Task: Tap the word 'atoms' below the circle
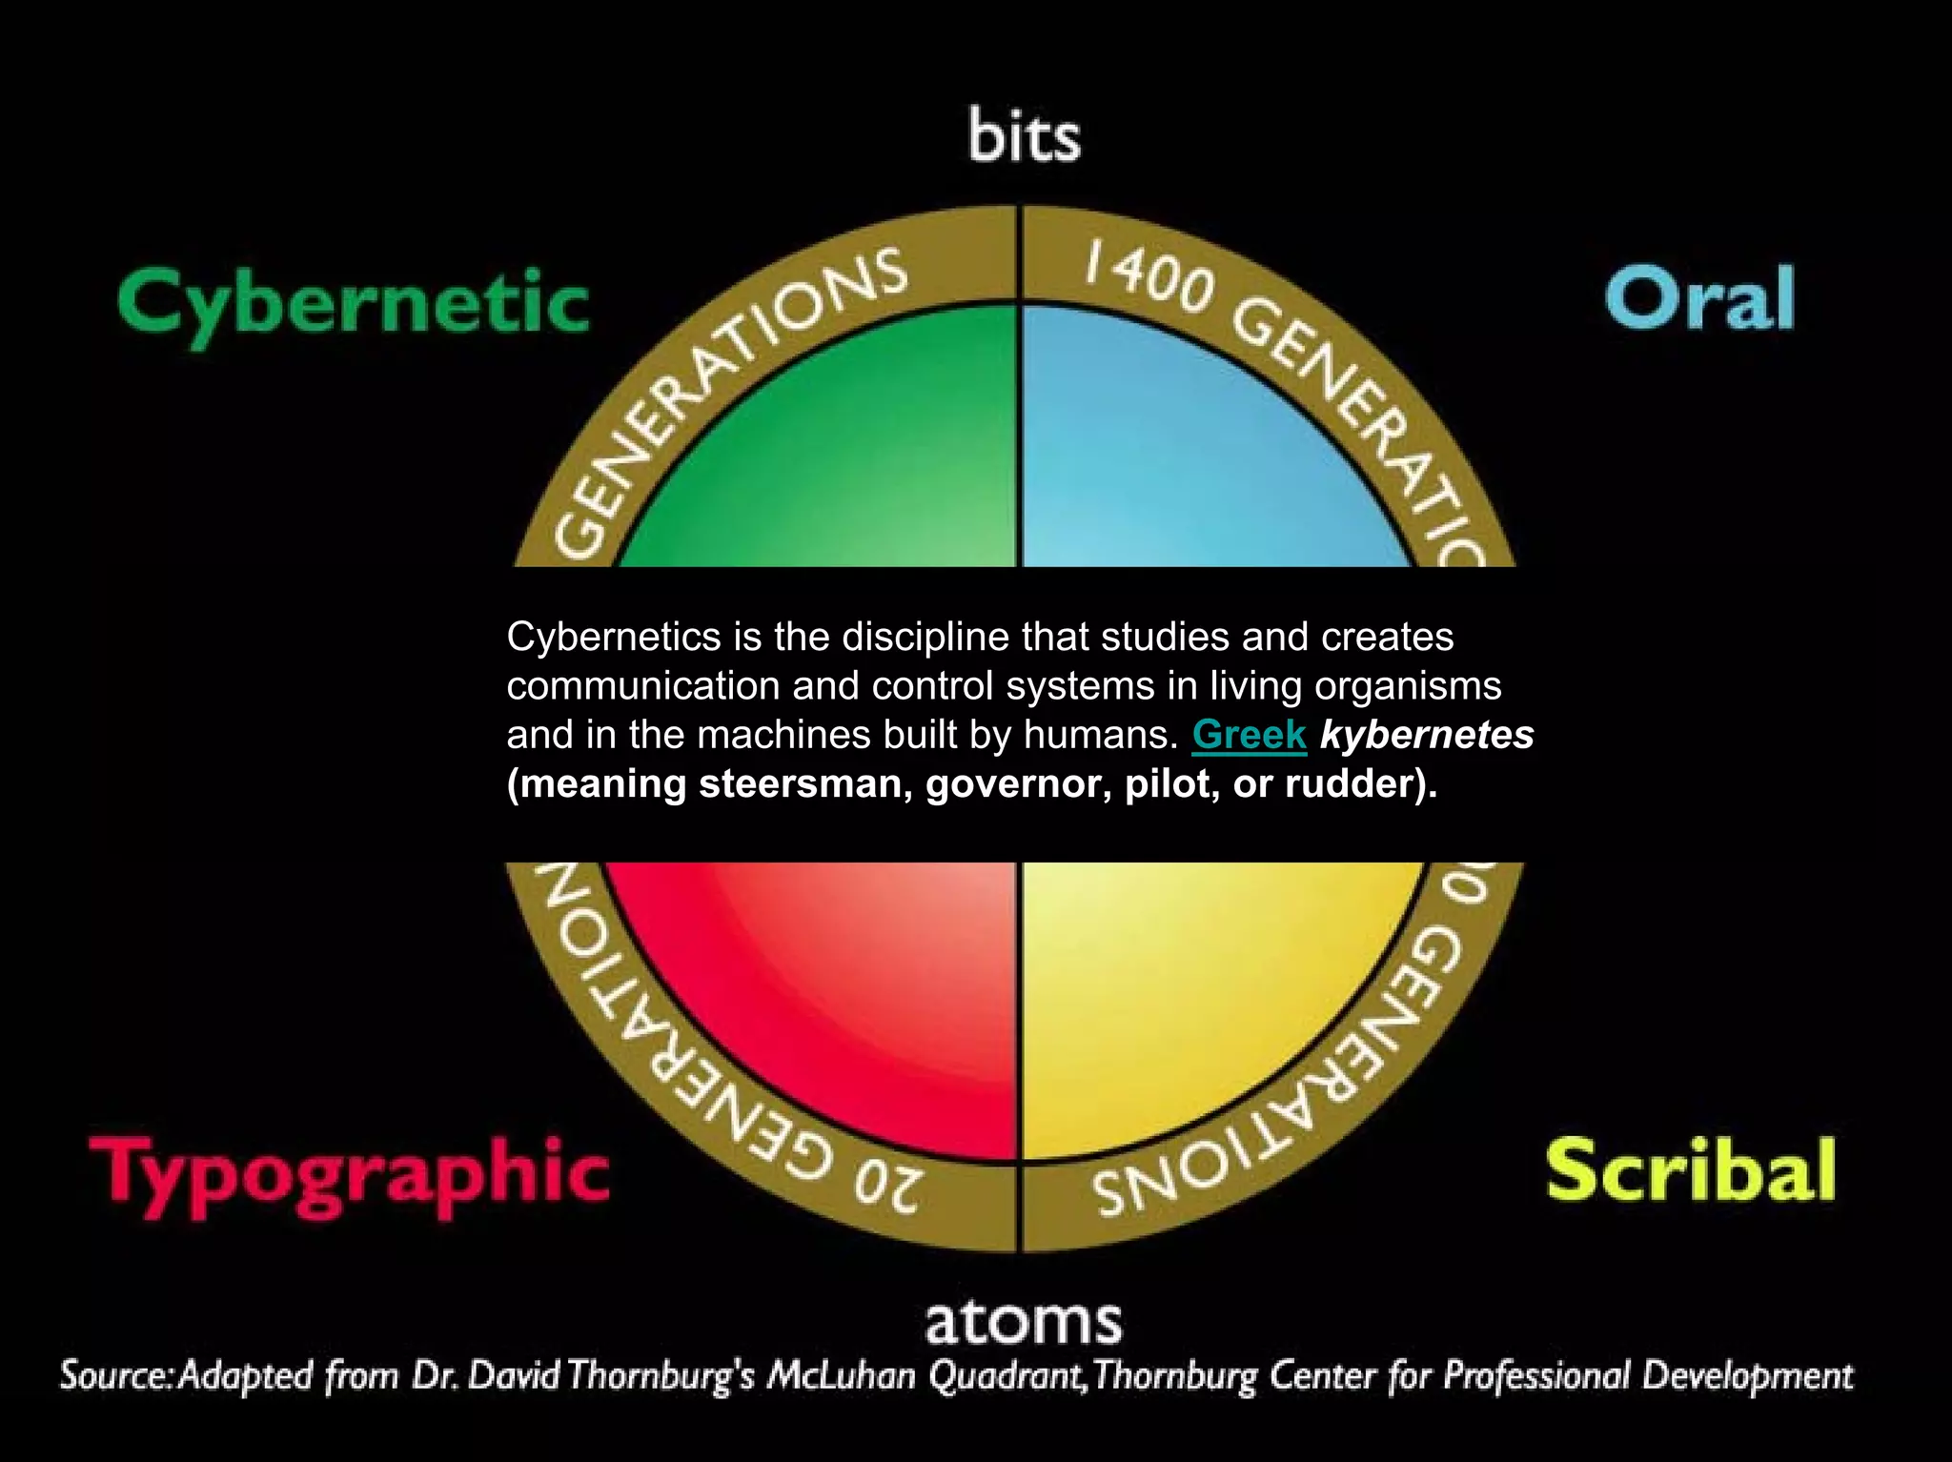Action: point(1024,1321)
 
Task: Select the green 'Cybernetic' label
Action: point(354,303)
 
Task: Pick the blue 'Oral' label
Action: point(1699,298)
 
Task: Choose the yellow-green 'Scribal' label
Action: point(1690,1170)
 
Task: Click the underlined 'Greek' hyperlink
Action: point(1249,735)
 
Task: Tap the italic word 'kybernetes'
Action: point(1426,735)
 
